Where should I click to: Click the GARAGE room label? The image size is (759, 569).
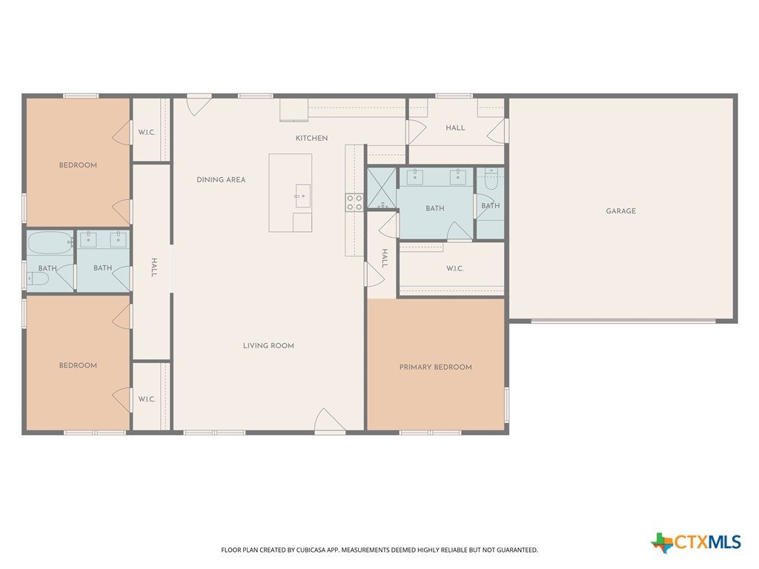click(620, 211)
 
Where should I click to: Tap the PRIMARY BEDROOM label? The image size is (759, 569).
click(435, 367)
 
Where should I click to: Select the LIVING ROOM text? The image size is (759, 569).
click(268, 345)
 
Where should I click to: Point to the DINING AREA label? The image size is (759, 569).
click(221, 179)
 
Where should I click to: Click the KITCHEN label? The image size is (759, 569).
click(311, 139)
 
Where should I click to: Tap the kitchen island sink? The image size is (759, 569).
click(302, 196)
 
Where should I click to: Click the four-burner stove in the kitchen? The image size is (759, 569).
click(354, 202)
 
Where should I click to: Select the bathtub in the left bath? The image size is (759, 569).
click(50, 243)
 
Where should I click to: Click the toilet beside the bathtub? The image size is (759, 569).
click(38, 279)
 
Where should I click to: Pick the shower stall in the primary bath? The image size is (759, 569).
click(382, 188)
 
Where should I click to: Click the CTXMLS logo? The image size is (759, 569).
click(695, 542)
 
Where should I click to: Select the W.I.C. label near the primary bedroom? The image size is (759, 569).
click(454, 268)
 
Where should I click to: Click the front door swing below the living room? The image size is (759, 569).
click(330, 420)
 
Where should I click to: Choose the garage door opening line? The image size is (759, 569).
click(623, 320)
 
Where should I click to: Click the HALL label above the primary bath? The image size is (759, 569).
click(455, 127)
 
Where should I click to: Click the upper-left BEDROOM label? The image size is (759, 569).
click(78, 165)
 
